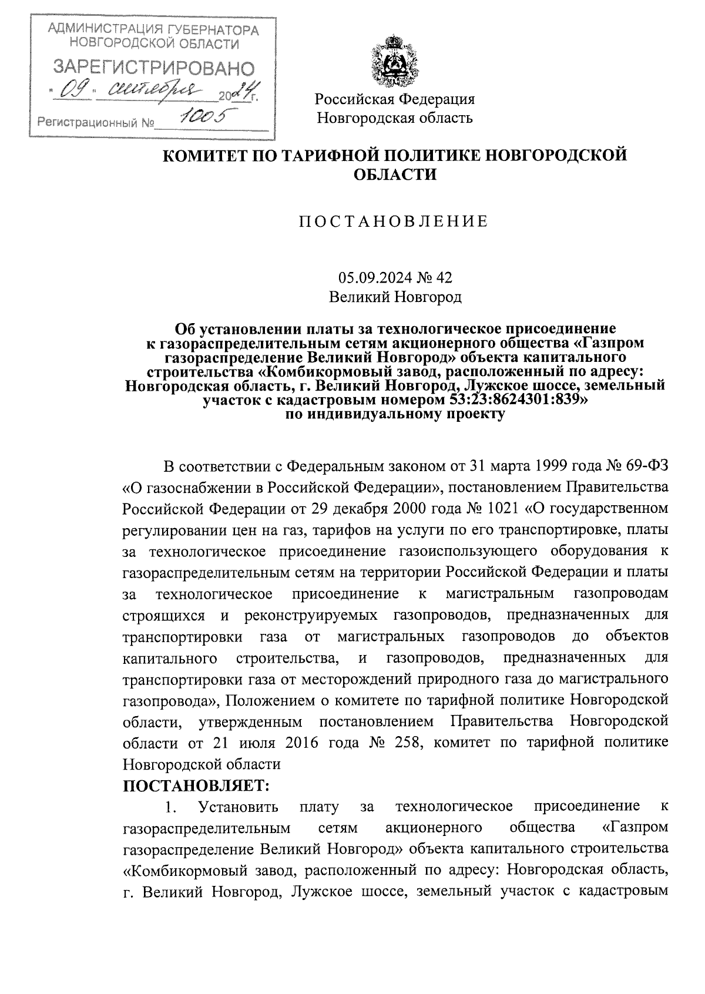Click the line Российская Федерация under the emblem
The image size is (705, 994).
pyautogui.click(x=395, y=99)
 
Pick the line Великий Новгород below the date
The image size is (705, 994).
pyautogui.click(x=395, y=297)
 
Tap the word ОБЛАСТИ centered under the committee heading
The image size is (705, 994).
pyautogui.click(x=395, y=174)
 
